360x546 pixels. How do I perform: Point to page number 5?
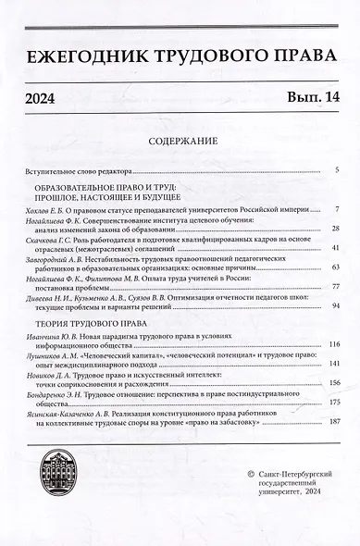[338, 170]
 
